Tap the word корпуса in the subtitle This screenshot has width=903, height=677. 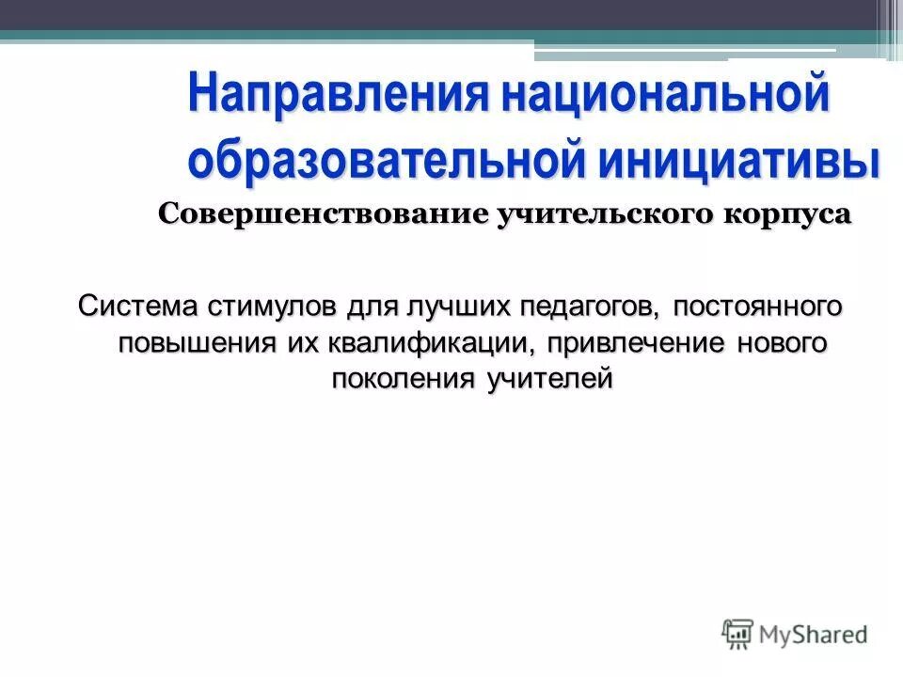pos(788,213)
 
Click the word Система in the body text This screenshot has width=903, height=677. pos(135,306)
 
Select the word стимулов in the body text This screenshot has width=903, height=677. pos(273,306)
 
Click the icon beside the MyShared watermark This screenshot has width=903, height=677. pos(738,633)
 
